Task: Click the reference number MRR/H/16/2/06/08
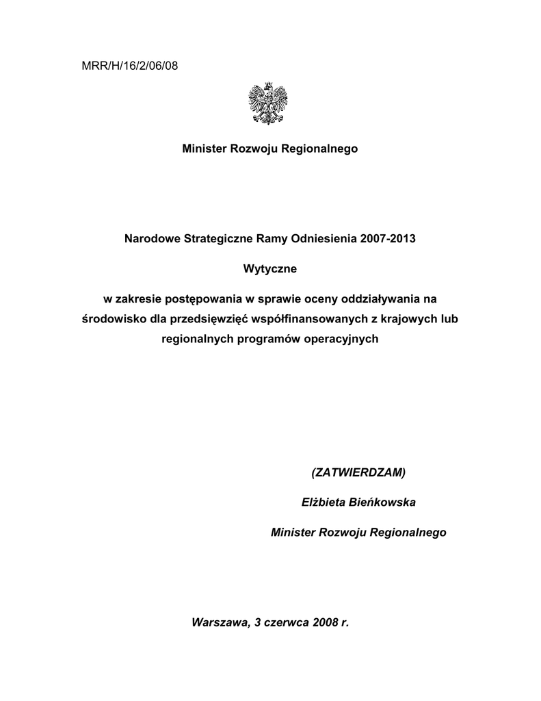[129, 66]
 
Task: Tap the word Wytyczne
[270, 269]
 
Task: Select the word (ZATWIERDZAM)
[358, 473]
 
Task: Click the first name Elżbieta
[326, 502]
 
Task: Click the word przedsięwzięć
[213, 319]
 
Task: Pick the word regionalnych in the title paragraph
[194, 339]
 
